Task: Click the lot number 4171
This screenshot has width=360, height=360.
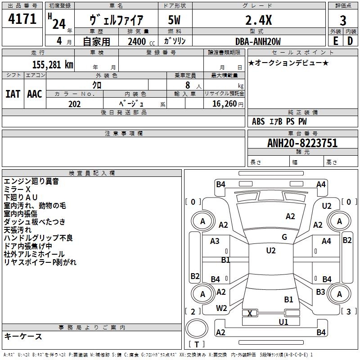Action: click(x=22, y=19)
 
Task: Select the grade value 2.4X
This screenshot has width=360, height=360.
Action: click(x=258, y=20)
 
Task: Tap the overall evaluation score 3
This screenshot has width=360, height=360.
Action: click(x=343, y=21)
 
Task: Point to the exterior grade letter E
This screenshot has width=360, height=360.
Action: click(x=335, y=41)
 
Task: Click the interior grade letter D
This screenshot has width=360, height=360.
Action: click(x=350, y=41)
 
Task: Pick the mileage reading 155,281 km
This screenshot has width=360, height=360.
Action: click(x=53, y=64)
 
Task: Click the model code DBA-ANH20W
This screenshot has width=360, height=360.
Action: click(x=258, y=41)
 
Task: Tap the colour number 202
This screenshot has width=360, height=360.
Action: click(x=74, y=104)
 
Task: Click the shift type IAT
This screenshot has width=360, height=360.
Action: click(x=13, y=94)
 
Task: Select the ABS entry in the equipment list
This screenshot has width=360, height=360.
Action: click(x=258, y=121)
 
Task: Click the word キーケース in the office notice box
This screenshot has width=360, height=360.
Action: click(x=23, y=337)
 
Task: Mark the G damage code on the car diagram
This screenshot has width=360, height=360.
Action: click(x=284, y=237)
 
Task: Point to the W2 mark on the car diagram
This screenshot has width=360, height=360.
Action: click(x=221, y=308)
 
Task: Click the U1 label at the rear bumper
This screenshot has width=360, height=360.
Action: click(x=283, y=322)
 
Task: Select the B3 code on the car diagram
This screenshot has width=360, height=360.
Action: click(x=320, y=292)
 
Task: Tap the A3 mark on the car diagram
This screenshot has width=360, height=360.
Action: click(x=215, y=241)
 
